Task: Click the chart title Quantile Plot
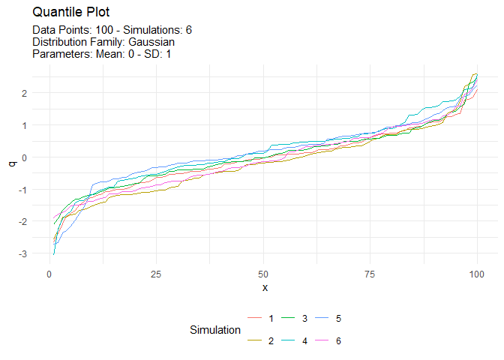71,13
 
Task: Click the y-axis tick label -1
22,190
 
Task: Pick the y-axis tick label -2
22,222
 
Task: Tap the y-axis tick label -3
22,254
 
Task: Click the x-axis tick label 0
49,272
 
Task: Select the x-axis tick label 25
156,272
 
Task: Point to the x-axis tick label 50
263,272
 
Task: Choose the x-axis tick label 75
370,272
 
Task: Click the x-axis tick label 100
477,272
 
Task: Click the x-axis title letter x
264,287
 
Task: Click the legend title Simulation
215,330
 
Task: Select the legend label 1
271,319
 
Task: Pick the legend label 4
304,340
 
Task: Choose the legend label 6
338,340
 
